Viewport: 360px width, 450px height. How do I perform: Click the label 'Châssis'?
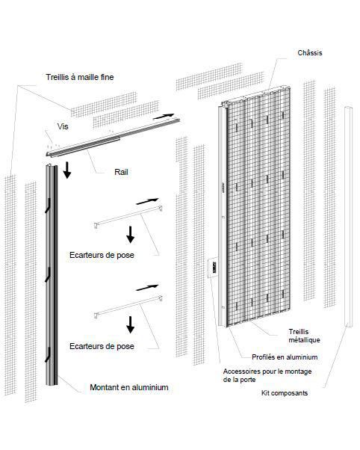coord(310,53)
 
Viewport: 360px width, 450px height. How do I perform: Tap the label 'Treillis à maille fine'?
coord(80,77)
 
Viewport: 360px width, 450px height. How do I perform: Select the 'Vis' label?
coord(63,126)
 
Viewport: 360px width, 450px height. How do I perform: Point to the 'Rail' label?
coord(121,172)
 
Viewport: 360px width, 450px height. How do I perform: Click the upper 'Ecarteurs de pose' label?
coord(102,255)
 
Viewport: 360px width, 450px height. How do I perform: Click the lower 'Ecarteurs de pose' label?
coord(102,346)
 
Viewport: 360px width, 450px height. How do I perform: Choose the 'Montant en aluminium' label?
coord(129,387)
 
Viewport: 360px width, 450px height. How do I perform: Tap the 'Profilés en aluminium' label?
coord(285,357)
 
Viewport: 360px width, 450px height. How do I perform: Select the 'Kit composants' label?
coord(285,393)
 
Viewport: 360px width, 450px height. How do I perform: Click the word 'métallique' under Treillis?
coord(304,340)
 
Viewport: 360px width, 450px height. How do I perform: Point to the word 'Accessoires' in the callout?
coord(241,372)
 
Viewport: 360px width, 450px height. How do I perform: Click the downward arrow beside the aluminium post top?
coord(67,170)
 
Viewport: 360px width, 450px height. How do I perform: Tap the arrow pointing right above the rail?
coord(164,116)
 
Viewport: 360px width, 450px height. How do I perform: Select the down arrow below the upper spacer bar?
coord(131,235)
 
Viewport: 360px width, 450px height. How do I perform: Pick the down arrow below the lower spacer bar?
coord(131,324)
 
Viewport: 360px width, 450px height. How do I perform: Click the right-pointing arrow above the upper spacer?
coord(147,202)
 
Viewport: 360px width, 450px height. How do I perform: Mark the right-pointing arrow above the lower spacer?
coord(147,288)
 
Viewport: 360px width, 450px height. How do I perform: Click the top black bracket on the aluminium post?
coord(48,206)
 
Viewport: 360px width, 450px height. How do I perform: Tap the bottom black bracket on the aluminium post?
coord(48,355)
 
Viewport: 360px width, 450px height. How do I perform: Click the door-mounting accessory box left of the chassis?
coord(212,268)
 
